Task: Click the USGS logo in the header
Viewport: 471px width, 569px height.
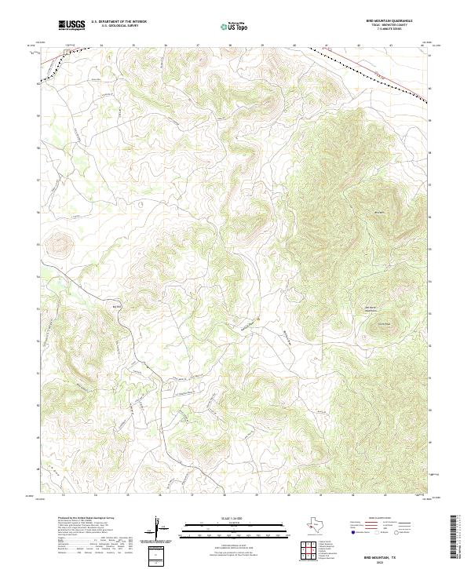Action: click(x=71, y=25)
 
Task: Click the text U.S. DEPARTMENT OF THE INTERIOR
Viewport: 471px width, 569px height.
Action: click(x=119, y=22)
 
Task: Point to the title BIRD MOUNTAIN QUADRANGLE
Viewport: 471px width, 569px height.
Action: click(x=389, y=20)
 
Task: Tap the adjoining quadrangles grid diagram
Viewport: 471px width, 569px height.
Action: click(x=310, y=553)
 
